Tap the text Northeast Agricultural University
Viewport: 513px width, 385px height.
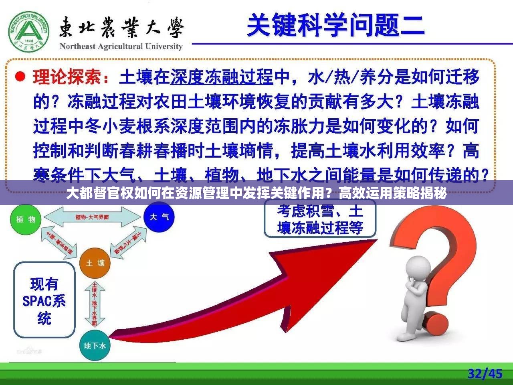[121, 47]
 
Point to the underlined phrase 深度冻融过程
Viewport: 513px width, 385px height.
[222, 77]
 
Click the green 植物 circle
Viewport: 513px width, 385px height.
[26, 219]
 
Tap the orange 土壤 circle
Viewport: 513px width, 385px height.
[95, 263]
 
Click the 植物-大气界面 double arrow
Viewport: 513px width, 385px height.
[93, 217]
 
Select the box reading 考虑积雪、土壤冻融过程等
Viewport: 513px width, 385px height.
[320, 219]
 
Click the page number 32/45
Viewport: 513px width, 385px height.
[485, 374]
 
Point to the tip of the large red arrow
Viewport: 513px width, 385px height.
[375, 241]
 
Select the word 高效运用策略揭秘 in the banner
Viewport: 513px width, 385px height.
[392, 194]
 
